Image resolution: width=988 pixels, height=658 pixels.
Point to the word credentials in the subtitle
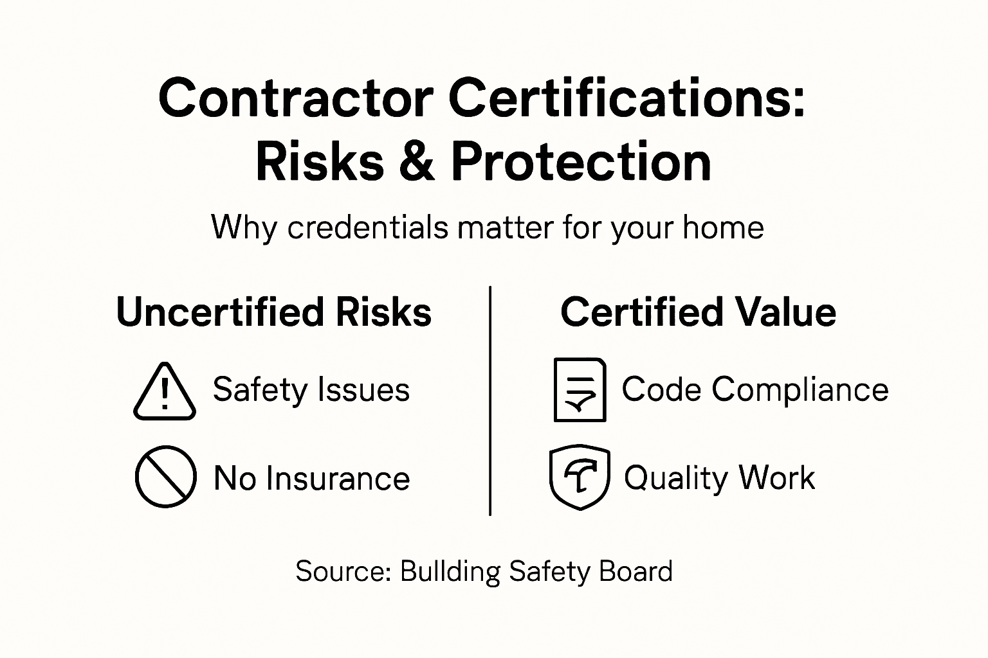(368, 227)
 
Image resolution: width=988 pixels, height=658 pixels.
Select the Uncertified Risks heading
(274, 312)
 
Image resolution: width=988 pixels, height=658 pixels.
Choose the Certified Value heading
(698, 312)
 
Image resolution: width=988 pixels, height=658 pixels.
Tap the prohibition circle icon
(165, 477)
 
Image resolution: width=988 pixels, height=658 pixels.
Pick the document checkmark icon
(580, 390)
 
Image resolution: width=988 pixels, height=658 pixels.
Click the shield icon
(580, 477)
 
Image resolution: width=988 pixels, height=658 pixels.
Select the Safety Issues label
(311, 390)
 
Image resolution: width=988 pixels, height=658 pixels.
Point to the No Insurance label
(311, 479)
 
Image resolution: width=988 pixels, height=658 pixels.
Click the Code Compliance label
(755, 389)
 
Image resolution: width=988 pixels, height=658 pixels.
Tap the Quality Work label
(719, 478)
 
